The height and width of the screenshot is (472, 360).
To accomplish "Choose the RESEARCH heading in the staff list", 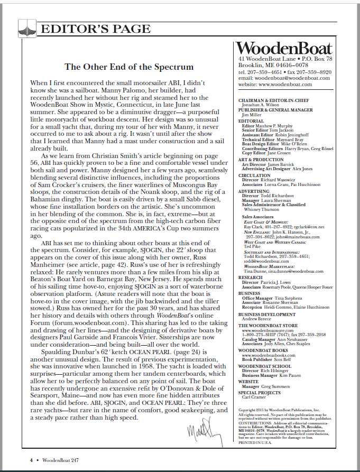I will (250, 276).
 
